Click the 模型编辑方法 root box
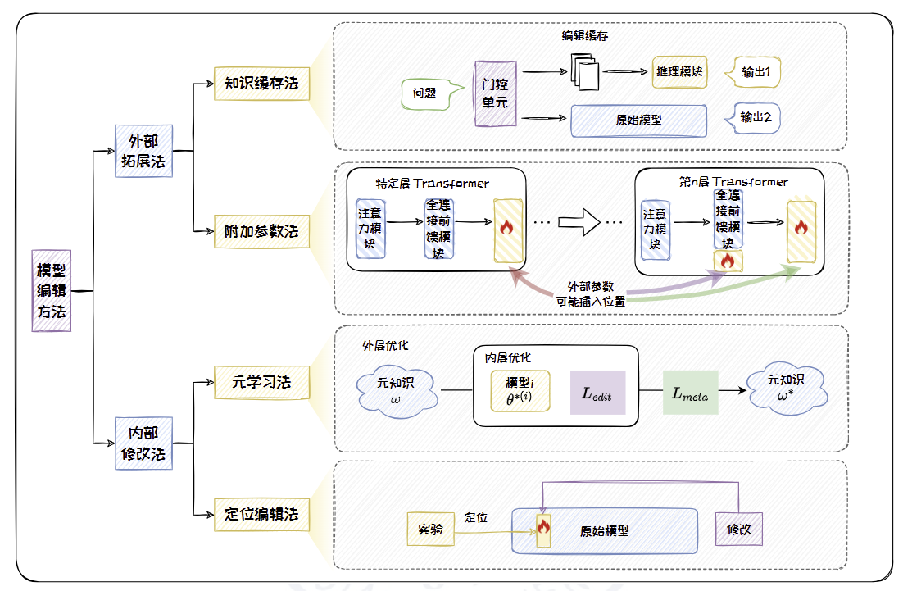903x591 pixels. pyautogui.click(x=52, y=290)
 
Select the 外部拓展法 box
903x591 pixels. pyautogui.click(x=143, y=151)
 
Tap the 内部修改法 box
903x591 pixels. pyautogui.click(x=143, y=443)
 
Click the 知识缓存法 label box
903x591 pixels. pyautogui.click(x=261, y=84)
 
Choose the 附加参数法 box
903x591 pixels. pyautogui.click(x=261, y=232)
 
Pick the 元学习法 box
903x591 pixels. pyautogui.click(x=261, y=382)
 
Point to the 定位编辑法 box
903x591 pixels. pyautogui.click(x=261, y=515)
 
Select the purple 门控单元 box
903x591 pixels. pyautogui.click(x=494, y=93)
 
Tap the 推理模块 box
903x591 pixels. pyautogui.click(x=680, y=72)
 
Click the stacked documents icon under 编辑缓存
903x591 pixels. pyautogui.click(x=584, y=73)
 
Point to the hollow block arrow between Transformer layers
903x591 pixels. pyautogui.click(x=579, y=221)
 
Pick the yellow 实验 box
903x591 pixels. pyautogui.click(x=430, y=530)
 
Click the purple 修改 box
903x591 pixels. pyautogui.click(x=738, y=530)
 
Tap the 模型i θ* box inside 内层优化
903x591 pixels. pyautogui.click(x=520, y=390)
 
